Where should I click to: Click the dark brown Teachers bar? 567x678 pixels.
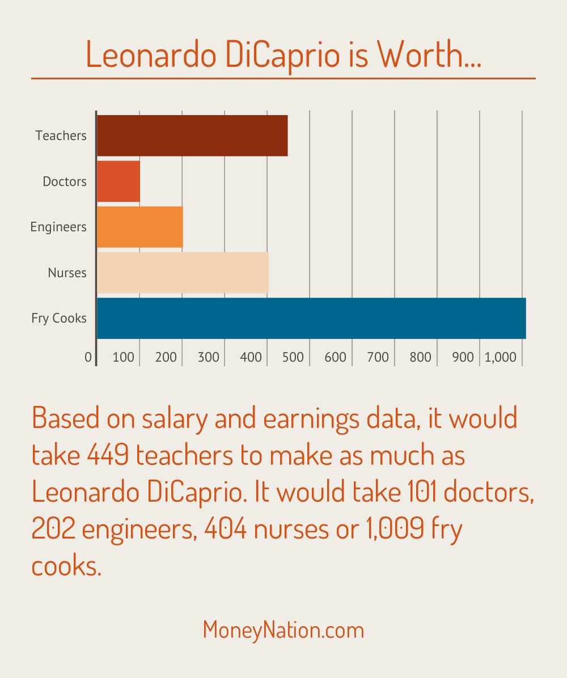192,136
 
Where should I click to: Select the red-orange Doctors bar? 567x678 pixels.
119,181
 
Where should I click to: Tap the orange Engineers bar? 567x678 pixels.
140,227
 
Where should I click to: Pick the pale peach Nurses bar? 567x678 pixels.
183,273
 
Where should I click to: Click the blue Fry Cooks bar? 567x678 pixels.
311,318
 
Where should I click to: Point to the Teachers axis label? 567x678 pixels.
61,136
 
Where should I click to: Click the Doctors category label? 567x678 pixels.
65,181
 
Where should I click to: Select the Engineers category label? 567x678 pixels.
58,227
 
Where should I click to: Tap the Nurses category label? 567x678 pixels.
67,273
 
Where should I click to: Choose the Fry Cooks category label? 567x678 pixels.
59,319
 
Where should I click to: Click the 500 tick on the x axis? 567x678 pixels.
293,357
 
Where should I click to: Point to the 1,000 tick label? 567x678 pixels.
501,357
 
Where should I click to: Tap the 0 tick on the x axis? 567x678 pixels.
88,357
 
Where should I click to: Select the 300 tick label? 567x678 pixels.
208,357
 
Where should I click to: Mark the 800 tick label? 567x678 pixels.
420,357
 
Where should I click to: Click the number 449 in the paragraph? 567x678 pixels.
108,455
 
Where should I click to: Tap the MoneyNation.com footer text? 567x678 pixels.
283,630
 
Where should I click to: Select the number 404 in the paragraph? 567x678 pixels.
225,528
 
